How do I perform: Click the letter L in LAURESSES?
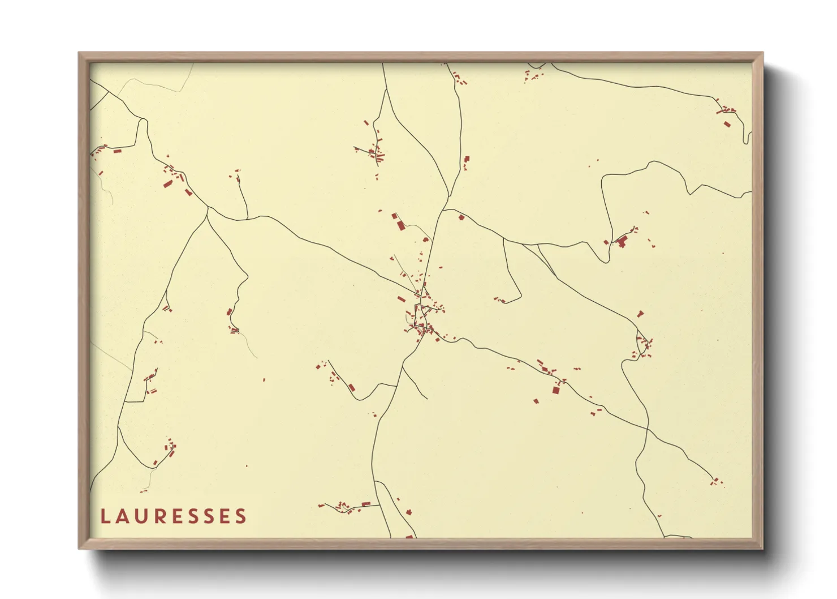pos(105,516)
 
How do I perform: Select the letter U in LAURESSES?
pos(141,516)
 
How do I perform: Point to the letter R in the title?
pos(160,516)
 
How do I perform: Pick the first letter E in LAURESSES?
pos(177,516)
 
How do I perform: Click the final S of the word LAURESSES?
pos(241,516)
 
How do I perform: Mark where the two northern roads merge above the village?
pos(448,198)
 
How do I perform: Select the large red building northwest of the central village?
pos(400,225)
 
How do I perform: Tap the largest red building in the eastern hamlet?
pos(623,243)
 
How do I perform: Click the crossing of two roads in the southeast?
pos(647,429)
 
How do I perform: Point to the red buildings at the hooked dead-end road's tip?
pos(500,300)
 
